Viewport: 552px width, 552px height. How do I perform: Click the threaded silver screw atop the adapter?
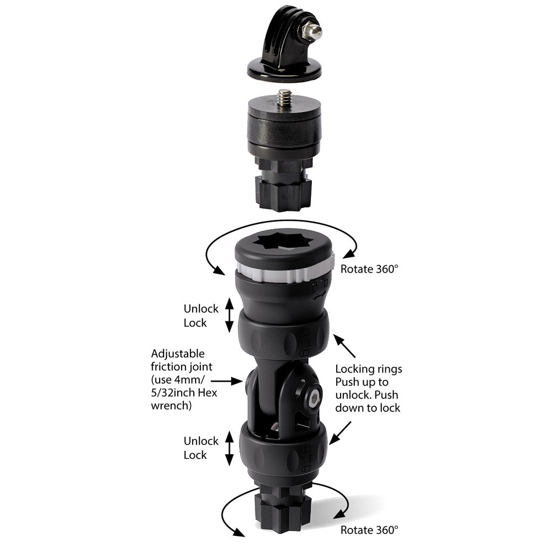tap(285, 99)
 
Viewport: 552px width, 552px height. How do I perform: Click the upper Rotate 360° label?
tap(369, 269)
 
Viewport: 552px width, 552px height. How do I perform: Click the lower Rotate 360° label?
tap(369, 530)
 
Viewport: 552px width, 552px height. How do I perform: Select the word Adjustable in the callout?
tap(177, 353)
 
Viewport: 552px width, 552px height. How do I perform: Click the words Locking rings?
tap(369, 369)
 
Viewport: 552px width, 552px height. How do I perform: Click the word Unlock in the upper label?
tap(201, 309)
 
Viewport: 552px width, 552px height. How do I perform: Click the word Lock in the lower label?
tap(195, 455)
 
